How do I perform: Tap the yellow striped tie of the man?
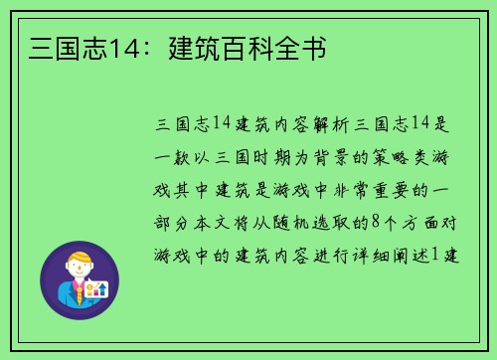pyautogui.click(x=78, y=293)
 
